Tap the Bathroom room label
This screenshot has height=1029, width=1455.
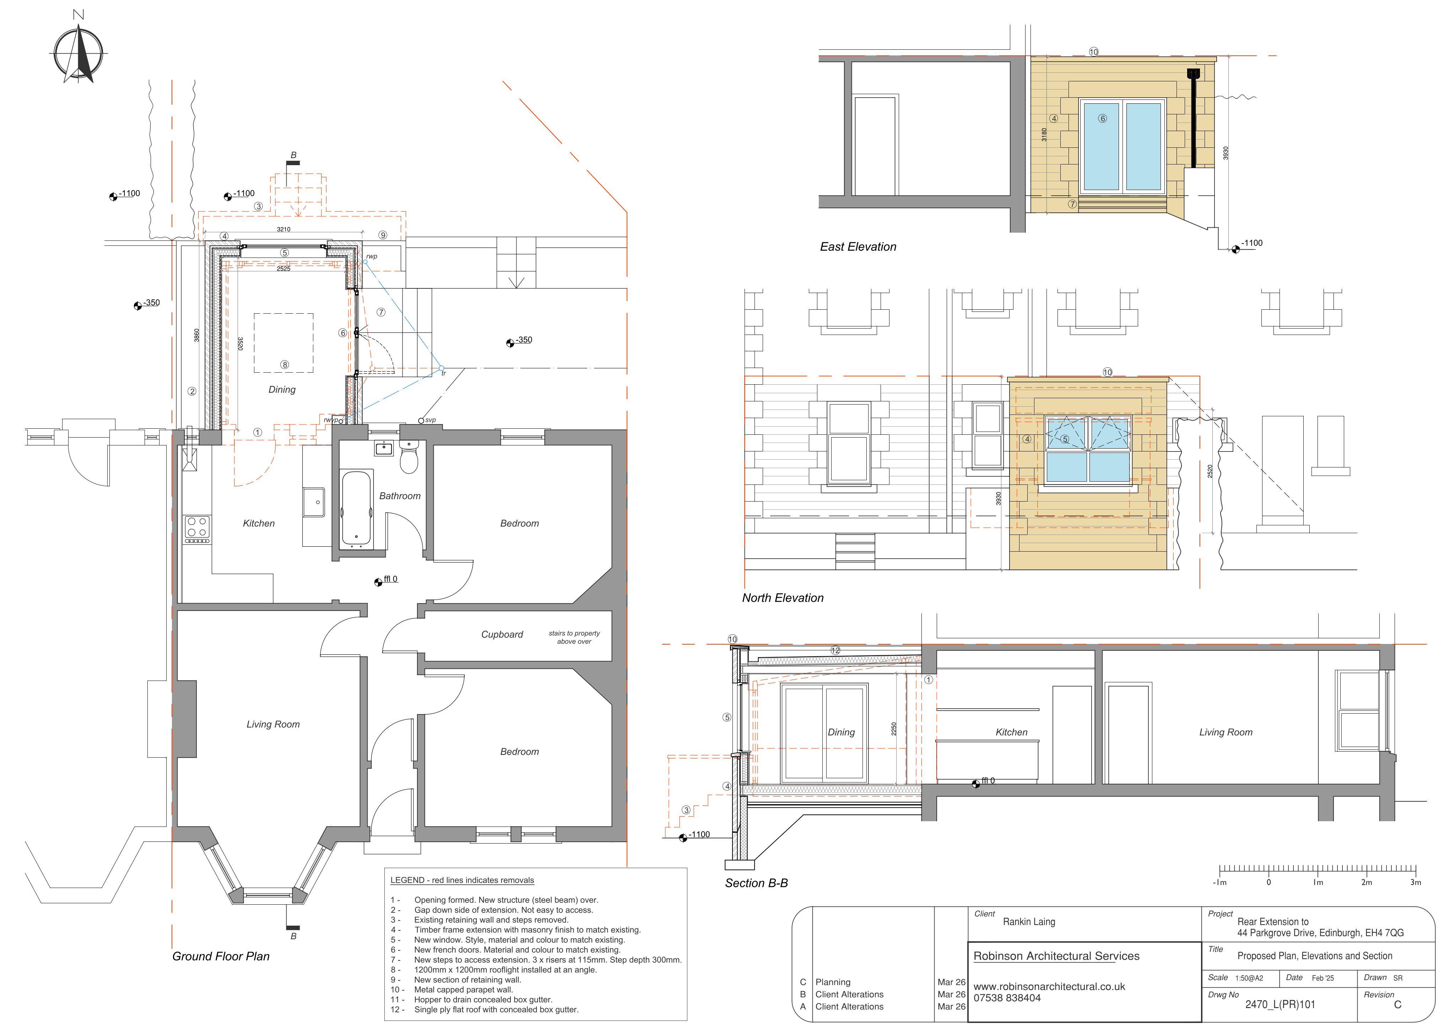click(400, 496)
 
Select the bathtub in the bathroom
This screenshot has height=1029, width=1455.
click(357, 508)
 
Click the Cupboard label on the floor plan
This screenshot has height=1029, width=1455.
click(502, 634)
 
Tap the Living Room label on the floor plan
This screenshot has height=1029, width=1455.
click(273, 724)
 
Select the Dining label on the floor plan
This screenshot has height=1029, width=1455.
click(282, 390)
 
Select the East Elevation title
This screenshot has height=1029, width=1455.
click(858, 247)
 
